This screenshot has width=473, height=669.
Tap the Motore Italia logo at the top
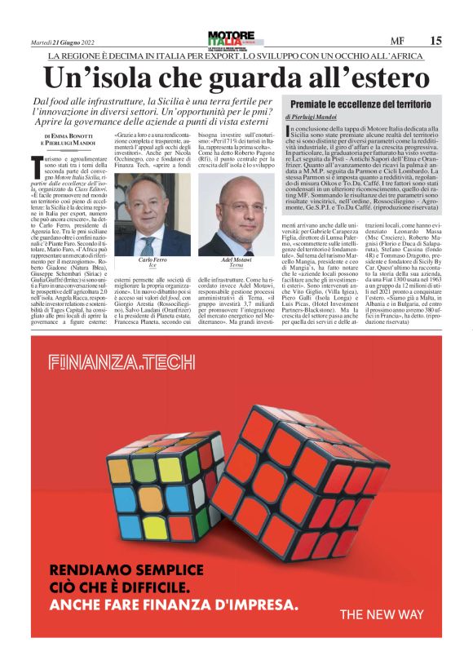(x=231, y=39)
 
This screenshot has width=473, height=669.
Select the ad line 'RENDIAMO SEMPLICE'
(x=128, y=569)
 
